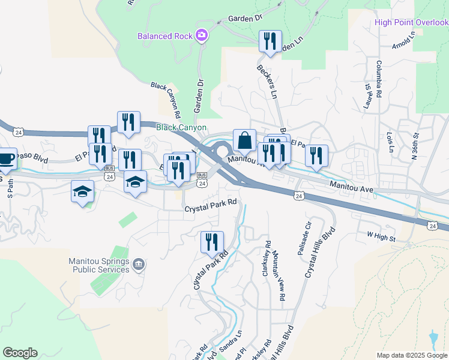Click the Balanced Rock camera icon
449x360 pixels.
point(202,35)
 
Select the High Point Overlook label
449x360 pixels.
point(411,23)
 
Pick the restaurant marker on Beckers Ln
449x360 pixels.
point(270,41)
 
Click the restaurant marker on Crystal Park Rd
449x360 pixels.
point(212,242)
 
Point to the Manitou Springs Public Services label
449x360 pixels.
point(100,265)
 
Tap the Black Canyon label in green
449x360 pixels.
point(181,128)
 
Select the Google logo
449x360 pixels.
point(20,353)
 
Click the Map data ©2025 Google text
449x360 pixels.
point(412,355)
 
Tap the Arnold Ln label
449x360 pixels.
point(402,46)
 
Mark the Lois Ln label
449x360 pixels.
point(391,142)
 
